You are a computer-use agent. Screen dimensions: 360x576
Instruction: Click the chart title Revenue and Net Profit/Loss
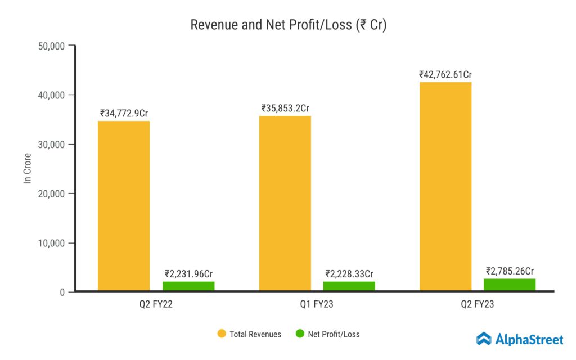[288, 25]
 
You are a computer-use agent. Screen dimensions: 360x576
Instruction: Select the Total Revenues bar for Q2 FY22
[124, 206]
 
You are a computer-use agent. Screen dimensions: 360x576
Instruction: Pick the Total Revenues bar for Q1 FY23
[285, 203]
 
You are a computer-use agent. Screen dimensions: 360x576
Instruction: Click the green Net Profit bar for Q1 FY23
[349, 286]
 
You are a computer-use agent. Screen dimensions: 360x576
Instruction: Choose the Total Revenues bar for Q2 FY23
[445, 186]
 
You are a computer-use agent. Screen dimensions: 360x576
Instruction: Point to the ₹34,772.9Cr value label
[124, 113]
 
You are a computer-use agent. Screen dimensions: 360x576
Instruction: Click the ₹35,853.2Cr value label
[285, 108]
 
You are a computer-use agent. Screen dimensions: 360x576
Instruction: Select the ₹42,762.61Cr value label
[445, 74]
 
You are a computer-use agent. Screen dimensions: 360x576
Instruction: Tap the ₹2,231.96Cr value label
[188, 274]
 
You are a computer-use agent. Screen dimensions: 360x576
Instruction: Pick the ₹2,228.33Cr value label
[349, 274]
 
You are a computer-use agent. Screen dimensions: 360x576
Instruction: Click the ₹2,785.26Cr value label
[510, 271]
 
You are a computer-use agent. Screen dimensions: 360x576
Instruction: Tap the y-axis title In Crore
[27, 168]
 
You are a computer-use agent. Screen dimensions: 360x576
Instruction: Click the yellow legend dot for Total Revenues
[221, 334]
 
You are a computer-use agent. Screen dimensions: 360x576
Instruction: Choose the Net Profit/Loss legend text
[334, 334]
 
